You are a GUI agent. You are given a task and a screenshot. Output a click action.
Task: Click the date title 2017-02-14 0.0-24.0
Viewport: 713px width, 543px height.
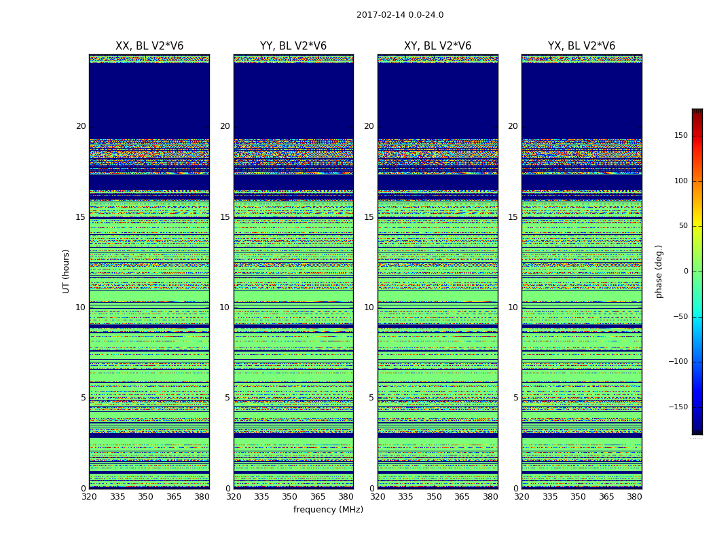tap(400, 15)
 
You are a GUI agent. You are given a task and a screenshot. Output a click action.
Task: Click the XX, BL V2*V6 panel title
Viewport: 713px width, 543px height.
tap(149, 46)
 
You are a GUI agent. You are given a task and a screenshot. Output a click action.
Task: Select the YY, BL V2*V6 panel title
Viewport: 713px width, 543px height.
tap(293, 46)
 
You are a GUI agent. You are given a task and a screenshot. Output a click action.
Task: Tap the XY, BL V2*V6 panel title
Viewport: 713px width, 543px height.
tap(437, 46)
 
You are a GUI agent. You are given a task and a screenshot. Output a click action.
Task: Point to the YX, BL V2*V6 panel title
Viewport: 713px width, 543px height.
tap(581, 46)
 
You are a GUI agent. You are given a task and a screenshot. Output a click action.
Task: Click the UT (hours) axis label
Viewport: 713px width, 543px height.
tap(67, 271)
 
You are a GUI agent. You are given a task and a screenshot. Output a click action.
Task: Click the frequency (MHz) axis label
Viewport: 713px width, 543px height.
tap(328, 510)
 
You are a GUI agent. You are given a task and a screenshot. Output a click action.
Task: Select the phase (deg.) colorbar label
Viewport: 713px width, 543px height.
tap(659, 271)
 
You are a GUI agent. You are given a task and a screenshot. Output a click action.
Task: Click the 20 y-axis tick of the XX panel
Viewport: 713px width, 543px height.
tap(81, 126)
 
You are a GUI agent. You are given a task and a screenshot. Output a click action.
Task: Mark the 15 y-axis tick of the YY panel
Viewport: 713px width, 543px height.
tap(225, 217)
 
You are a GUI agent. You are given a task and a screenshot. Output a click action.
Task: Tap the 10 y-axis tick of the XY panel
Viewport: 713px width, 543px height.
tap(369, 307)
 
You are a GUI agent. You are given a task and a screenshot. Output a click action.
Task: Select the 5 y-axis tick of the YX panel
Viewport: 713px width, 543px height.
tap(515, 398)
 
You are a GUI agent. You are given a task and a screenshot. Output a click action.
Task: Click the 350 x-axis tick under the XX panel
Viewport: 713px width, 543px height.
tap(145, 497)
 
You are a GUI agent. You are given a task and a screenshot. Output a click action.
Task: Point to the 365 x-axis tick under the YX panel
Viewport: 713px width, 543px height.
tap(606, 497)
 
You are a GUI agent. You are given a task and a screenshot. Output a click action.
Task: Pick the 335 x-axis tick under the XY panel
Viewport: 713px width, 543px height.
tap(405, 497)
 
